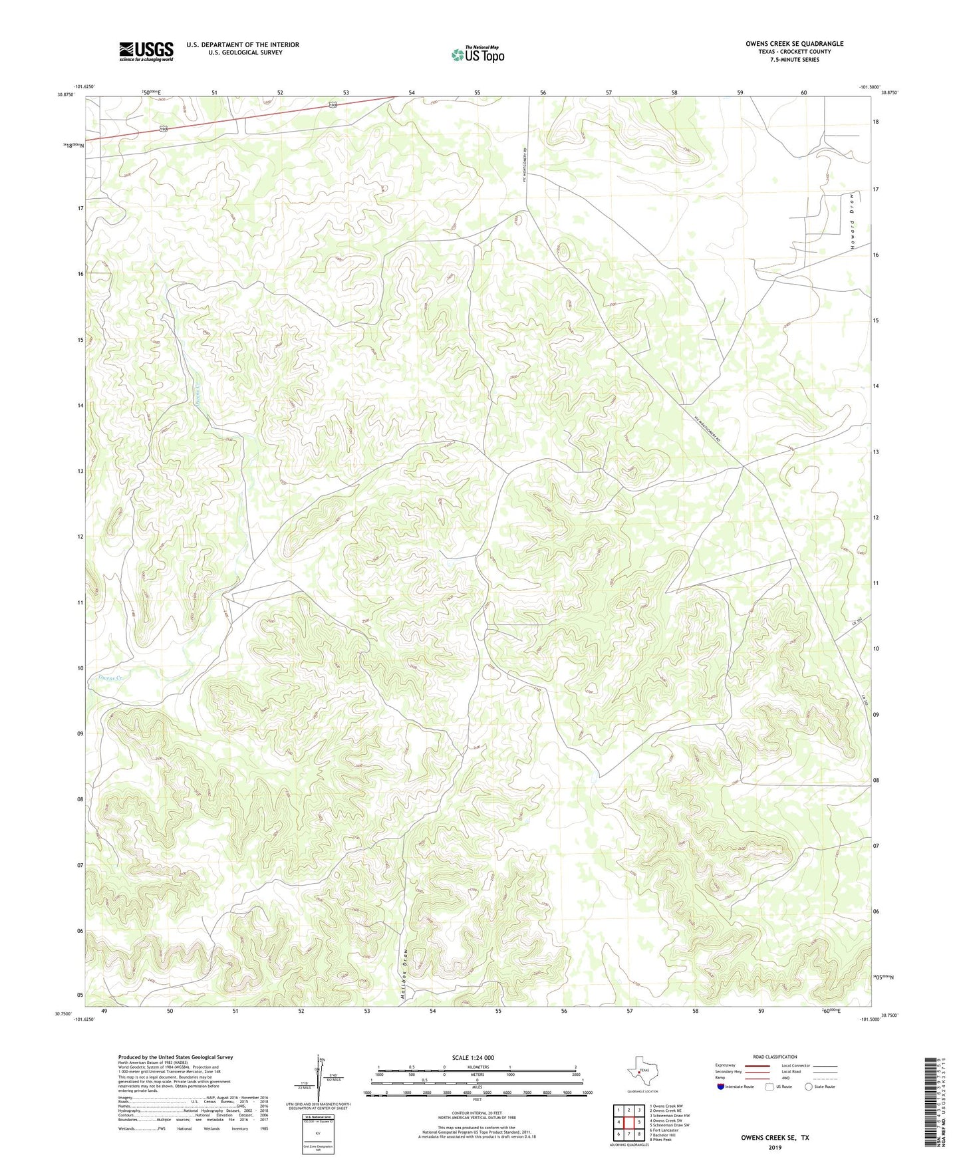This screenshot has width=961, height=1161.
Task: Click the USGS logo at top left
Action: (146, 51)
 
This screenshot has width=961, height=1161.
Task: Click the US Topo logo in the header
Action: (478, 55)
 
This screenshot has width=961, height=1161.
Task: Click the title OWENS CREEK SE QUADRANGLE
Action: (794, 44)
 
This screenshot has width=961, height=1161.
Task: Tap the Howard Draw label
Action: (851, 221)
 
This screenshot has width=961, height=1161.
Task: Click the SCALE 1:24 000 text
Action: (473, 1057)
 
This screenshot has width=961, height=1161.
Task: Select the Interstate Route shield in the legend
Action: (722, 1087)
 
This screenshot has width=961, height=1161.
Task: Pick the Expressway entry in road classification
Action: (726, 1065)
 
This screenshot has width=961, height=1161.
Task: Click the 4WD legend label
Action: (787, 1079)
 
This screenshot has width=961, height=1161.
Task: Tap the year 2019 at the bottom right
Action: (775, 1148)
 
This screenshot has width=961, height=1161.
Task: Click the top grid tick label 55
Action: (478, 93)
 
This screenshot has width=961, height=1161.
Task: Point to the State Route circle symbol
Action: (809, 1087)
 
